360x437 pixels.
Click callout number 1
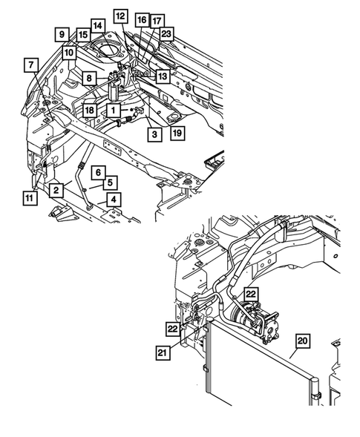114,110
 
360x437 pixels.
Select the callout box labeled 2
56,190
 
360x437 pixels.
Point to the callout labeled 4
113,199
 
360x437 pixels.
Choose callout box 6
97,172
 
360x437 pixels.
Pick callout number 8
88,77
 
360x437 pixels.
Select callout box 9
61,33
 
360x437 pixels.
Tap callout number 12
121,15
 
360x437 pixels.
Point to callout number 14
98,26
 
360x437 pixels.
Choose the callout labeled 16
141,20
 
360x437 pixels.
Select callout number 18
89,110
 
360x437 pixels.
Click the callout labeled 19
177,134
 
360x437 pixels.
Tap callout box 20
303,343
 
